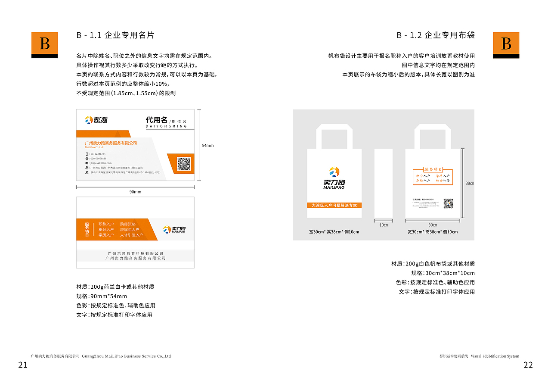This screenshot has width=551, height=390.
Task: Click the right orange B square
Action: tap(506, 44)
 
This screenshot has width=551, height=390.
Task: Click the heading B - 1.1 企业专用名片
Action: tap(115, 35)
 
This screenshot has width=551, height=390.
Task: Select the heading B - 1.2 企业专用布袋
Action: tap(436, 35)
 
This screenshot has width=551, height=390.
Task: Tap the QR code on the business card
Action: tap(184, 164)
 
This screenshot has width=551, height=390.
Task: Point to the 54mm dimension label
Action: tap(208, 146)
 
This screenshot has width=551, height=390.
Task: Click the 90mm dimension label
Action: tap(135, 192)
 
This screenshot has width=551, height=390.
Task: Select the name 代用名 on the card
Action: tap(156, 120)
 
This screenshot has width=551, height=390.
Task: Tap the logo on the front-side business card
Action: tap(96, 120)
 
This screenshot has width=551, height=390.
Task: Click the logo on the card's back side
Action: tap(174, 230)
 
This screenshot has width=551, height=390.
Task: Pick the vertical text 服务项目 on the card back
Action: tap(87, 229)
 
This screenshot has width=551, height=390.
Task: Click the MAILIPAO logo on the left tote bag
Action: tap(334, 178)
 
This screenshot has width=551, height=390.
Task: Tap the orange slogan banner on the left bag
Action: tap(334, 205)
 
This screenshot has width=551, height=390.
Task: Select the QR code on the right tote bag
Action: tap(449, 203)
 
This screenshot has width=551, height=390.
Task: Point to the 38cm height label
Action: tap(470, 184)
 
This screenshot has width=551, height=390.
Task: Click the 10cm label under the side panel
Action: tap(383, 225)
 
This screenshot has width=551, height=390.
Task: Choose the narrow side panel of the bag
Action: tap(383, 183)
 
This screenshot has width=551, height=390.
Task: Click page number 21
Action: tap(23, 365)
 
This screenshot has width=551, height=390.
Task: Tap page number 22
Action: tap(528, 365)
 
